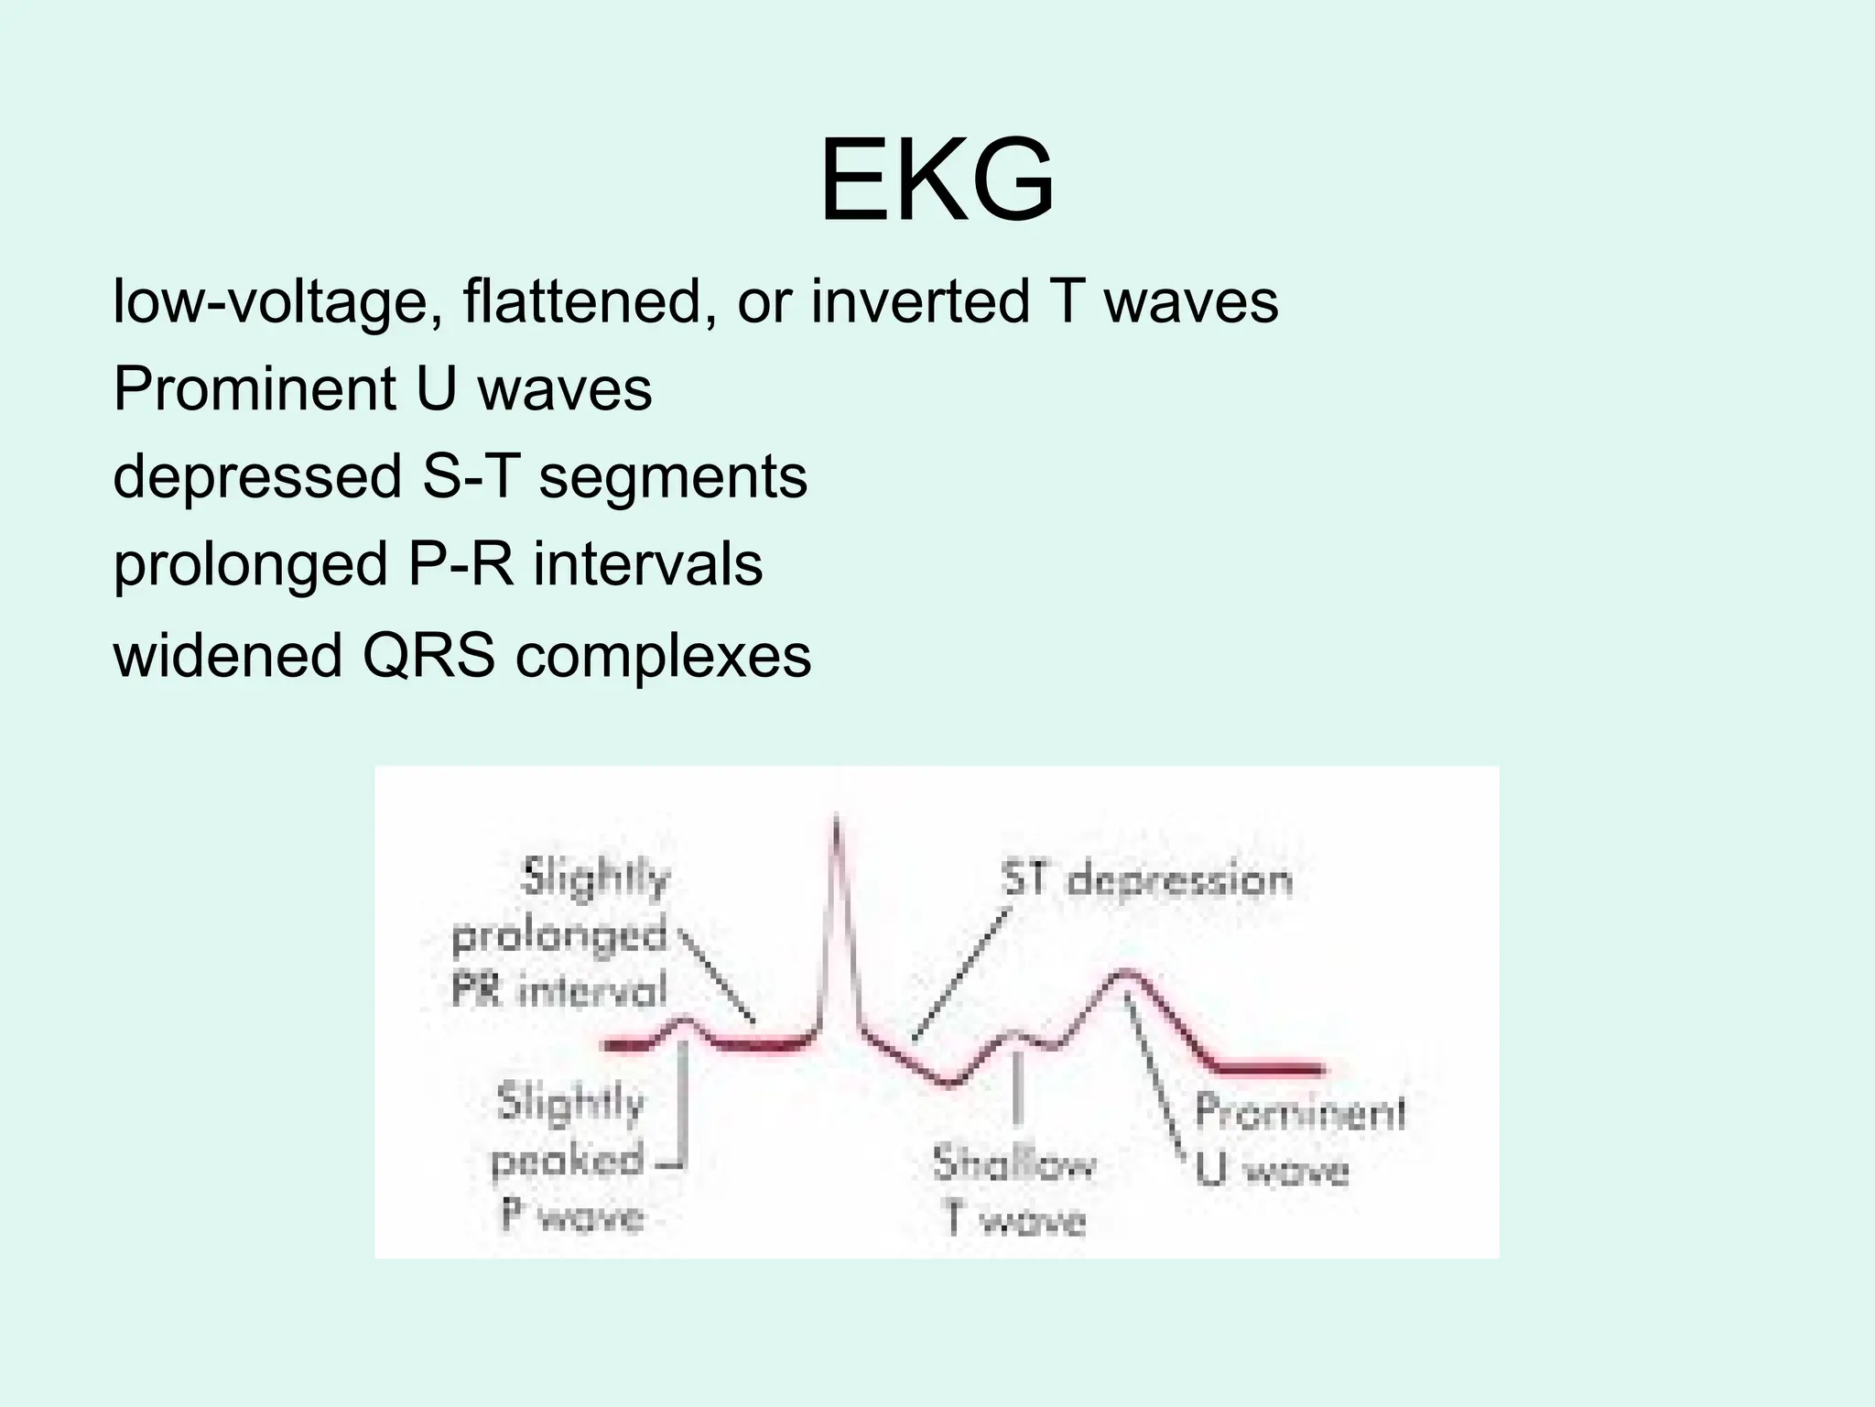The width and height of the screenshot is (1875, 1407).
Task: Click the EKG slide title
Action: pyautogui.click(x=937, y=180)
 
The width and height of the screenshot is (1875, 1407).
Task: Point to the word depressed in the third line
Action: pyautogui.click(x=257, y=478)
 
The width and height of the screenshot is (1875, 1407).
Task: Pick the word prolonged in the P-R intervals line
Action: pyautogui.click(x=250, y=566)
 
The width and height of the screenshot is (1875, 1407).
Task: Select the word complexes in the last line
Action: pyautogui.click(x=663, y=656)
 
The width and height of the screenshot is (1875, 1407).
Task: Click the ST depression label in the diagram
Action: pyautogui.click(x=1146, y=880)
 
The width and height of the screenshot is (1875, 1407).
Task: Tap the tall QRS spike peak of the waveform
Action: pyautogui.click(x=836, y=818)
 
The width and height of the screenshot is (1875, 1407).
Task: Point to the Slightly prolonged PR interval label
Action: pyautogui.click(x=560, y=935)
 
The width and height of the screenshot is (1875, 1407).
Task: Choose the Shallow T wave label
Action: pyautogui.click(x=1014, y=1192)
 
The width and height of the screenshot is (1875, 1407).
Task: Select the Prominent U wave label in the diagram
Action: pyautogui.click(x=1298, y=1140)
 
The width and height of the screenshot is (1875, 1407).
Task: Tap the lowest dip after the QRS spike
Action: pyautogui.click(x=950, y=1085)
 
